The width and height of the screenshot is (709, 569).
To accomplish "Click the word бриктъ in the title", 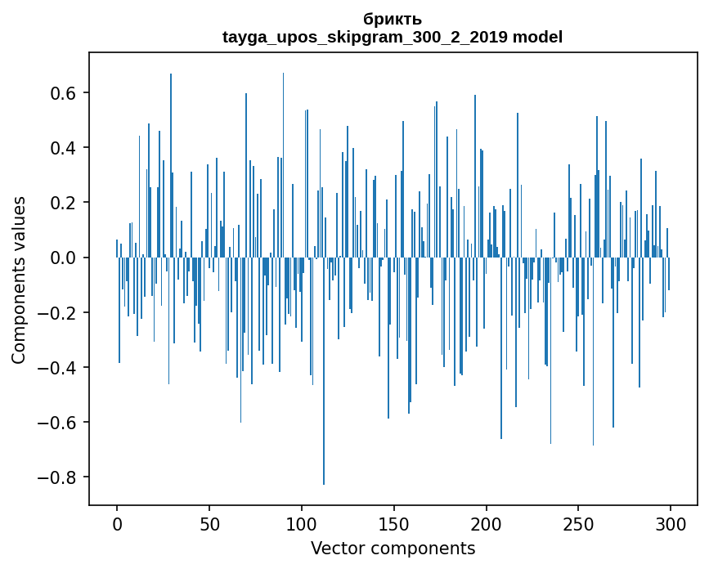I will (393, 20).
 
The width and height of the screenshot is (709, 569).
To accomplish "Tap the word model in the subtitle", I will (537, 37).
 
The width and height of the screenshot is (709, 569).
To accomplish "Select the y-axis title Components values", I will (18, 279).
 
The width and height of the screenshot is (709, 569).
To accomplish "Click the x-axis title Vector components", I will (393, 548).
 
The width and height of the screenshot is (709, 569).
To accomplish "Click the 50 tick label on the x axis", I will (209, 523).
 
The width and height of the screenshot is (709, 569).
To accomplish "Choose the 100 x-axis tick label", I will (302, 523).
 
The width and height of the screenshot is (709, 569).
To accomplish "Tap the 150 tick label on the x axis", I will (394, 523).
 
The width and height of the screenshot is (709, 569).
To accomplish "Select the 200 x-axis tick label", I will (487, 523).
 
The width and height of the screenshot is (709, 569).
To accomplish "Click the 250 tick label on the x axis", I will (579, 523).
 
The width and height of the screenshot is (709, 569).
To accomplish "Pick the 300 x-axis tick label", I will (671, 523).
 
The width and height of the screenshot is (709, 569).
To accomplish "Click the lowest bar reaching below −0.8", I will (324, 466).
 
